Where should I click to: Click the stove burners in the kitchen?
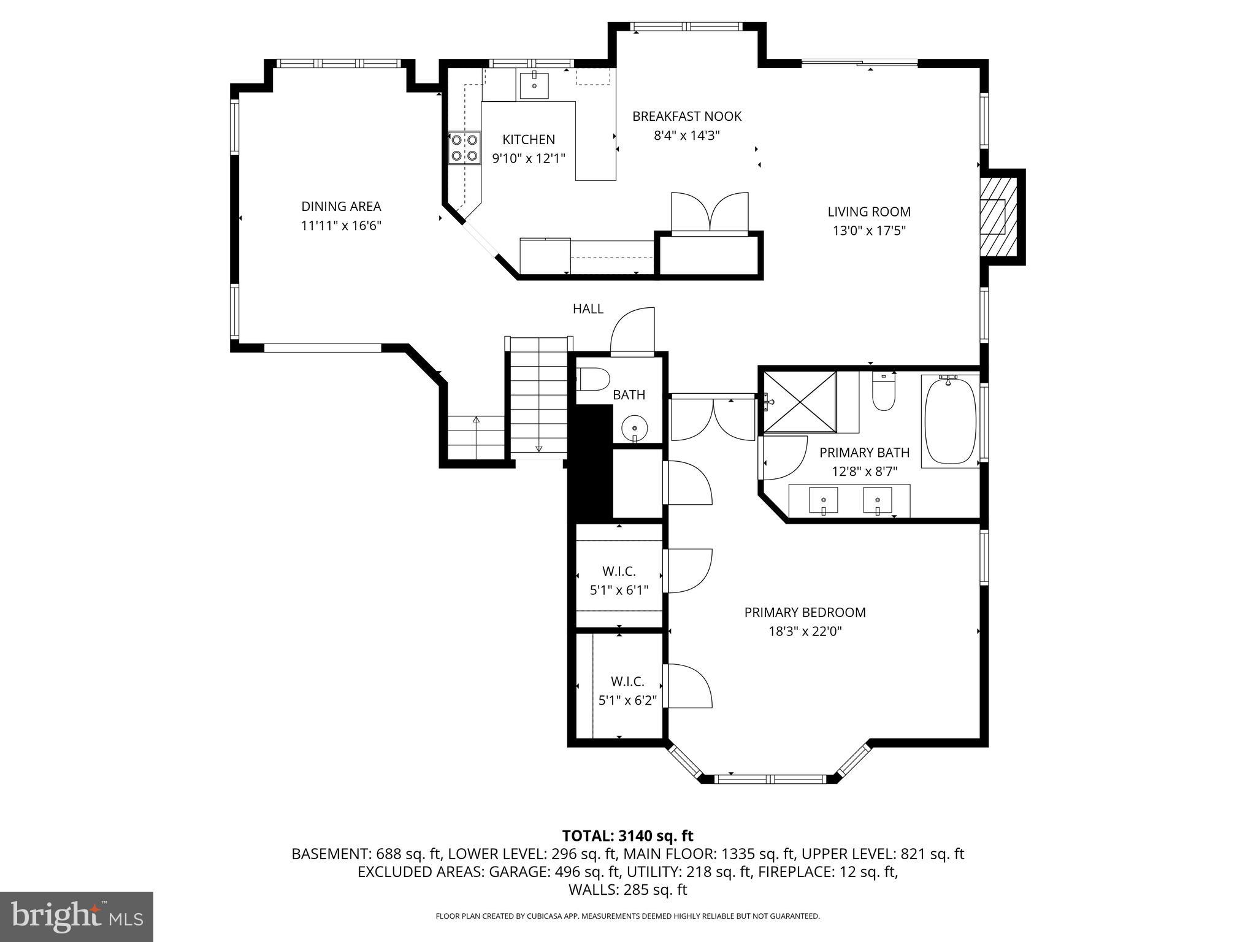click(x=464, y=148)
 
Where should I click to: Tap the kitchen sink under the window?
click(x=535, y=85)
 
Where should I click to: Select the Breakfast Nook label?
click(x=687, y=117)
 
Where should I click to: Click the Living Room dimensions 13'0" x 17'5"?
click(x=869, y=231)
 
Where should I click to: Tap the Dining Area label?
click(x=341, y=207)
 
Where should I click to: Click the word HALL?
click(x=588, y=309)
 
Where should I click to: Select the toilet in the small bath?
click(x=592, y=378)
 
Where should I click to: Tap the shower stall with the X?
click(x=800, y=402)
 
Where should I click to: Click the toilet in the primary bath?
click(x=884, y=394)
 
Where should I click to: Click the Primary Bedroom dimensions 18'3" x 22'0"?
click(x=805, y=632)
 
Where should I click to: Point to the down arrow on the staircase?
click(x=539, y=447)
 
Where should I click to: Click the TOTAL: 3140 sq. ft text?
click(x=627, y=836)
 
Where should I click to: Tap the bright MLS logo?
click(x=77, y=916)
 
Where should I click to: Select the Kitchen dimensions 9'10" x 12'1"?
click(x=529, y=158)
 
